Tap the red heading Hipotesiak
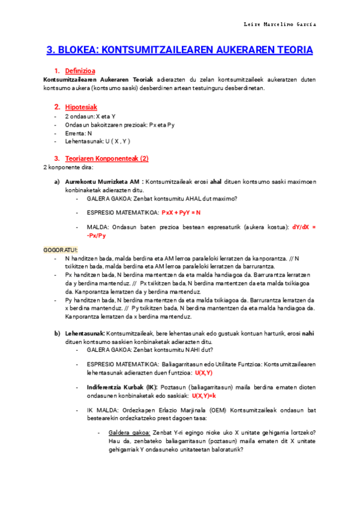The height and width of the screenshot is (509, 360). [81, 107]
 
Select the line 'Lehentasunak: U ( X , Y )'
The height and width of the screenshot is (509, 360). [95, 142]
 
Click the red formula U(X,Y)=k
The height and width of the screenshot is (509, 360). [204, 396]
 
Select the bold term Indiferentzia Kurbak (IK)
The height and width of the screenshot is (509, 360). [122, 388]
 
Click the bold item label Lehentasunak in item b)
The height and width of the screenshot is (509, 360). [85, 333]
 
